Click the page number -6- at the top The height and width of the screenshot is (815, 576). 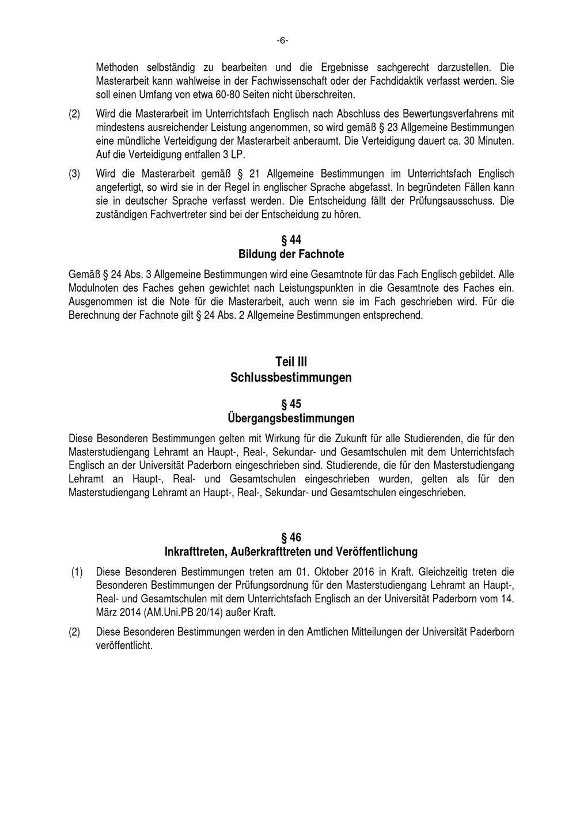[282, 40]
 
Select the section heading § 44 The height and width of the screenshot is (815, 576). [291, 240]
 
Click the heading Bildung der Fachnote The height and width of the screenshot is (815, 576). [291, 254]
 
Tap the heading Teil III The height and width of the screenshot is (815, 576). [291, 362]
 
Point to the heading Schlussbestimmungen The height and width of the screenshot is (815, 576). [291, 378]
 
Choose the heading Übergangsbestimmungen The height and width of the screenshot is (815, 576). [291, 418]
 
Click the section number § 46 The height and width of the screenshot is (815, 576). [291, 538]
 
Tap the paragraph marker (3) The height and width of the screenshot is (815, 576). [74, 173]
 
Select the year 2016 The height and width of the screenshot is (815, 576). [366, 572]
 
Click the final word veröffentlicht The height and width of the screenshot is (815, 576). [124, 646]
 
